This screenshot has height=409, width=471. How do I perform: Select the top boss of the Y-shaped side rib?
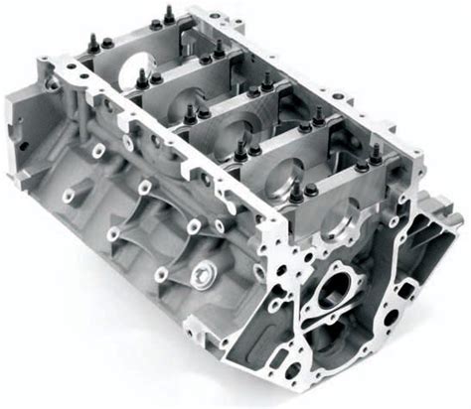[x=145, y=187]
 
